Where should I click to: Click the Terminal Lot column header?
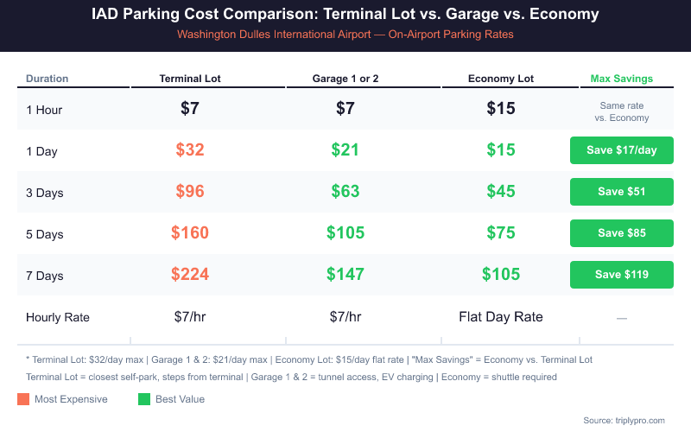pos(190,79)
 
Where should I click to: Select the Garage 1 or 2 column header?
pos(345,79)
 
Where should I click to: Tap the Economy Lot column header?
pos(501,79)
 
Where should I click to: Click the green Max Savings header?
pos(621,79)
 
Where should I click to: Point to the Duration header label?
pos(47,79)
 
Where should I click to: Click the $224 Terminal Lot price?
pos(190,275)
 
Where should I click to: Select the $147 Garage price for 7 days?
pos(345,275)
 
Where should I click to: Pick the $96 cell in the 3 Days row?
pos(190,191)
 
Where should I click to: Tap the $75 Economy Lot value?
pos(501,232)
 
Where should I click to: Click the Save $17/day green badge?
pos(621,150)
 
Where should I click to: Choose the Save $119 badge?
pos(621,275)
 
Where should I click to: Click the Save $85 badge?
pos(621,232)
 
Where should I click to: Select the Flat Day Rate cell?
pos(501,317)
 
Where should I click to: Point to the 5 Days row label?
pos(45,234)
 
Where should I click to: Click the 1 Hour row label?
pos(44,110)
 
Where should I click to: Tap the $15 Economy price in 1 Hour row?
pos(501,109)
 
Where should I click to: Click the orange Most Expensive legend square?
pos(23,399)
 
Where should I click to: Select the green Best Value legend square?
pos(144,399)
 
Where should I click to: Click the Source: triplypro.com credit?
pos(624,420)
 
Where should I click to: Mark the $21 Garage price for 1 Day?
pos(345,149)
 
